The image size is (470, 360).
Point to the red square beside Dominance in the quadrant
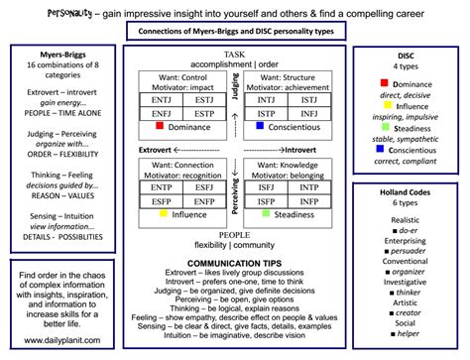tap(161, 128)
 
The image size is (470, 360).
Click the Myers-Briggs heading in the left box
tap(52, 56)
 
